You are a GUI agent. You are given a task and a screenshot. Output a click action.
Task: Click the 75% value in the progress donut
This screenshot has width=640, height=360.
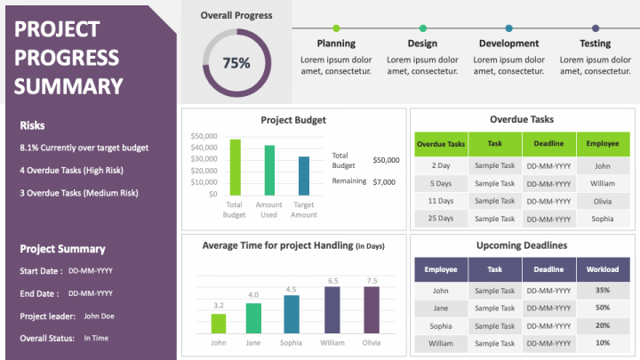(236, 63)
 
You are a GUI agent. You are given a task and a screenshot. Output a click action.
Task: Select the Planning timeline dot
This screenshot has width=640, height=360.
(335, 28)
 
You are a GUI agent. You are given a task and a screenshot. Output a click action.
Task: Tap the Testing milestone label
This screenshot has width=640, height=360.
(595, 44)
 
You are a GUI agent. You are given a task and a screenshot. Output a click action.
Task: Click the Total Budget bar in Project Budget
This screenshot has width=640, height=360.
(235, 167)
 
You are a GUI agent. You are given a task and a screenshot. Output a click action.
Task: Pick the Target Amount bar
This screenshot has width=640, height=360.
(304, 175)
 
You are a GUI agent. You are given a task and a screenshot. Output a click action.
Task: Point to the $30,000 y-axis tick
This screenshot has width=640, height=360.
(204, 159)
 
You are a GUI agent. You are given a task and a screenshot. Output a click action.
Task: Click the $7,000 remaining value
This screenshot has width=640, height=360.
(384, 181)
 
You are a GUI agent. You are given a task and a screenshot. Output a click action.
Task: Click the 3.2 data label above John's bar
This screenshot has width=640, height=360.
(219, 305)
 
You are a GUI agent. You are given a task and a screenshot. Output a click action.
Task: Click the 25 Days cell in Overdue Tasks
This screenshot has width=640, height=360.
(441, 219)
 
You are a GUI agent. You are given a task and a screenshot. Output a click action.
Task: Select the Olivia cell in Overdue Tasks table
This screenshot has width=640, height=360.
(603, 201)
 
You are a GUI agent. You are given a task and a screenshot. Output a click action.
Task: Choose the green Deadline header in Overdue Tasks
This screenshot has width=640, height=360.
(548, 143)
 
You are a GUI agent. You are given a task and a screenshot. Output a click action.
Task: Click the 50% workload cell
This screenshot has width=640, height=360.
(603, 308)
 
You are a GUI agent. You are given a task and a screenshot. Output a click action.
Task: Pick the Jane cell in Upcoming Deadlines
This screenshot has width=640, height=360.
(441, 308)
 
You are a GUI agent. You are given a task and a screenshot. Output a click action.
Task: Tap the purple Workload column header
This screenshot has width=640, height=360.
(603, 269)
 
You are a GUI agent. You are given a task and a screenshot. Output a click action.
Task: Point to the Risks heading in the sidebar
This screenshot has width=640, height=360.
(33, 125)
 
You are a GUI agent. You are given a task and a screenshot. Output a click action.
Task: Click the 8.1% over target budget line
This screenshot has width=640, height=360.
(84, 148)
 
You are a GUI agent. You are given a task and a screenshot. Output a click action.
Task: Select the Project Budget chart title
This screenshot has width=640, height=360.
(293, 120)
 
